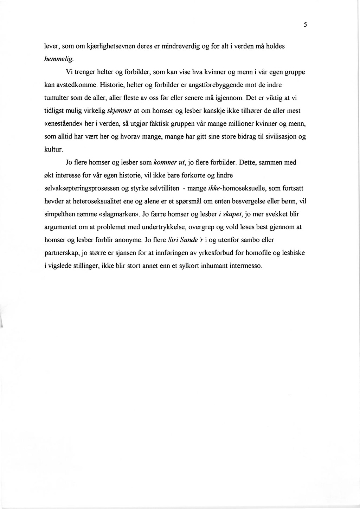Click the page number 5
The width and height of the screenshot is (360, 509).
point(306,25)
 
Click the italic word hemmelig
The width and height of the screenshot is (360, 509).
point(54,59)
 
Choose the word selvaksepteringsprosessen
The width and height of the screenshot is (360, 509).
point(82,188)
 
